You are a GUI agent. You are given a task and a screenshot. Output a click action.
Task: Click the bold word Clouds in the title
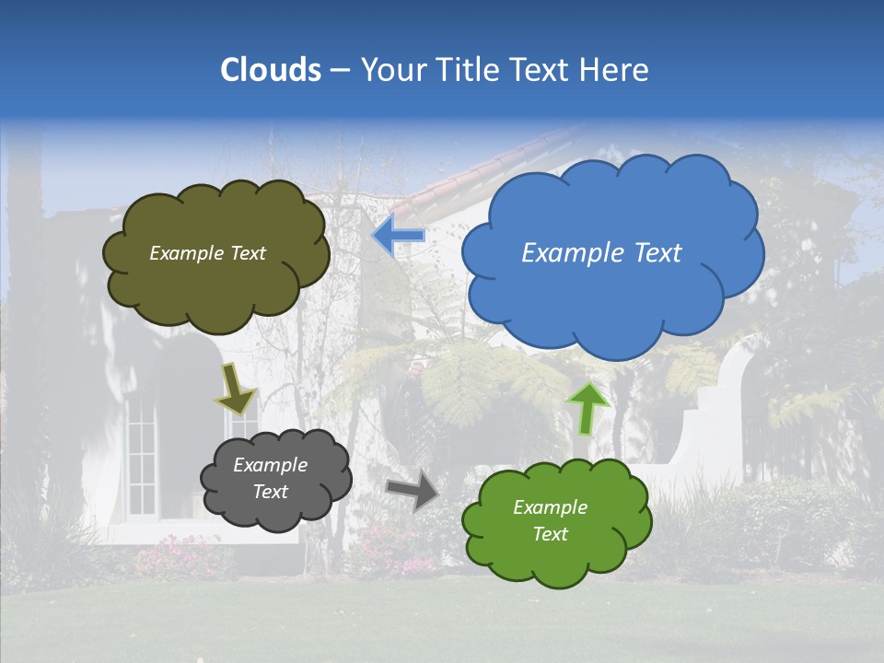pos(271,70)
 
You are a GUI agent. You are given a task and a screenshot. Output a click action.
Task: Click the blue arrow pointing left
pos(399,236)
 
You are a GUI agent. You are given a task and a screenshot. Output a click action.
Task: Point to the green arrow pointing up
pos(587,407)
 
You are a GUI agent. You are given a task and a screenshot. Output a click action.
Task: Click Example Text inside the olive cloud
pos(207,253)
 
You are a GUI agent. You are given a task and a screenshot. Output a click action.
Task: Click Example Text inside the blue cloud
pos(601,253)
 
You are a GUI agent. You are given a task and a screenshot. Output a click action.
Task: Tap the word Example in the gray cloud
pos(270,465)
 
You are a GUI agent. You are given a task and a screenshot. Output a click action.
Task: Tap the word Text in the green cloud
pos(550,534)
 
